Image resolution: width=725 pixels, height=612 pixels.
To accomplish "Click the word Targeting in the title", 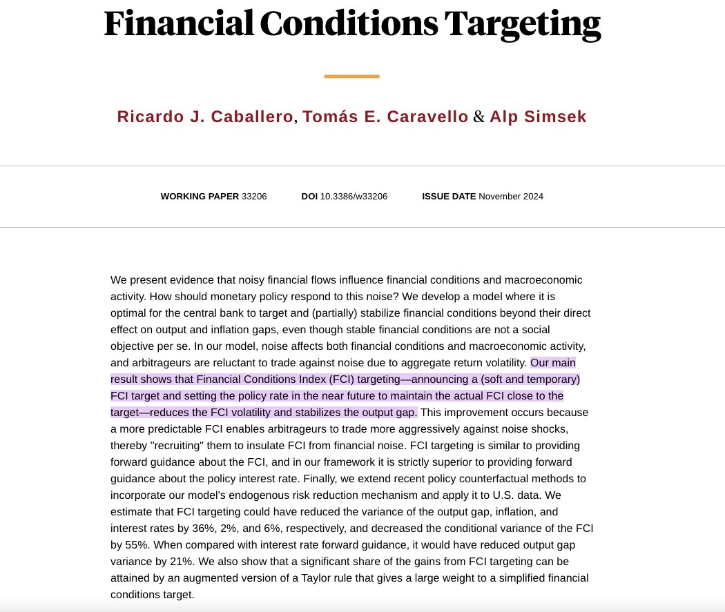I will click(522, 24).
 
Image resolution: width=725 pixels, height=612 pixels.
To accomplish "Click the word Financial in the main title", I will click(177, 24).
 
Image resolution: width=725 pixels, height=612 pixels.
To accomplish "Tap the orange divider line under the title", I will click(351, 76).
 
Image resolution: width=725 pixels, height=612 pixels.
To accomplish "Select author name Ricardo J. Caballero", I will click(204, 117).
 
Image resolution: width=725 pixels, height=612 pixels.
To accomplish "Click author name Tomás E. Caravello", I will click(384, 117).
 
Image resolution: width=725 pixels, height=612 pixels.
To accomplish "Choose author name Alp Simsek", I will click(538, 117).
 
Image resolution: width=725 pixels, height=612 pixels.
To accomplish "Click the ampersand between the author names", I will click(478, 117).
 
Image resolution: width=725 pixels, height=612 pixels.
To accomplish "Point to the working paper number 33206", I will click(254, 196).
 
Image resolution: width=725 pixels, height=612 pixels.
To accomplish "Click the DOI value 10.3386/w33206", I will click(354, 196).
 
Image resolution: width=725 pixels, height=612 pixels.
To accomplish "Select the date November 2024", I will click(511, 196).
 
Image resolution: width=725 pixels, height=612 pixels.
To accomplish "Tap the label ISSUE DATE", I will click(449, 196).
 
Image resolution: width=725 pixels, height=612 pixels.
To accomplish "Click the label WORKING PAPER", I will click(200, 196).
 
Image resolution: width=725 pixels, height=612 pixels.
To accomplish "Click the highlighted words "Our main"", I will click(553, 363).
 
